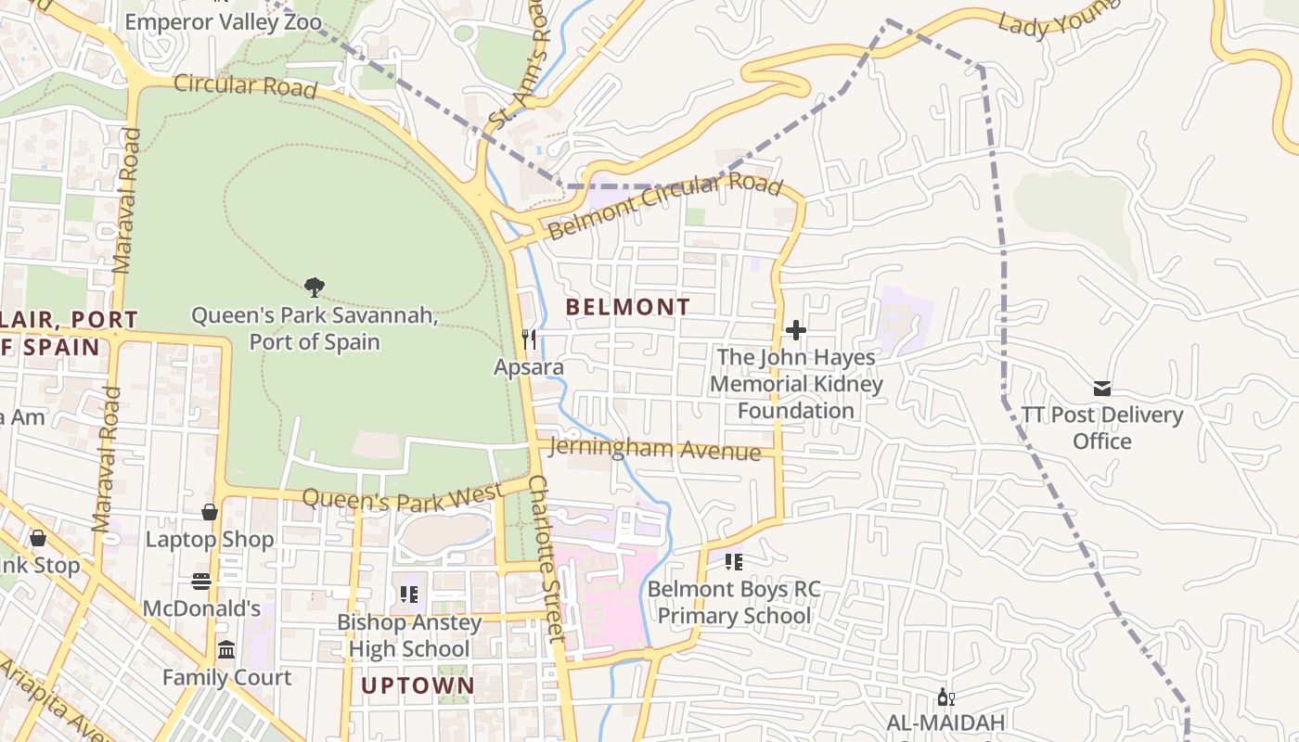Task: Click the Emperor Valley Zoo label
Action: tap(223, 21)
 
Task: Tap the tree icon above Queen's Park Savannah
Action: tap(315, 288)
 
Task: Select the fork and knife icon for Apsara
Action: tap(529, 339)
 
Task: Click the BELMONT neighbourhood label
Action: tap(628, 307)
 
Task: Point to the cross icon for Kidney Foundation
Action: tap(795, 329)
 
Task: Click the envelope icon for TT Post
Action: tap(1102, 388)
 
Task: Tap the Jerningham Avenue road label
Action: tap(655, 450)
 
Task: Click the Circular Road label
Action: tap(246, 85)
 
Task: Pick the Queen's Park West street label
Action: tap(403, 499)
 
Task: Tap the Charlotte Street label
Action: tap(547, 559)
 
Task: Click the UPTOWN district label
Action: tap(418, 686)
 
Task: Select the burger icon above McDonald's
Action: tap(201, 582)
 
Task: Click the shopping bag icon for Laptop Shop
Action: tap(210, 512)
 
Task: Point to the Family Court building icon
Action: tap(226, 650)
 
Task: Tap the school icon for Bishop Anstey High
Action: tap(409, 594)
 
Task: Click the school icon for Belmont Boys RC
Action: tap(734, 561)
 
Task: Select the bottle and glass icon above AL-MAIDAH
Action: tap(945, 697)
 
